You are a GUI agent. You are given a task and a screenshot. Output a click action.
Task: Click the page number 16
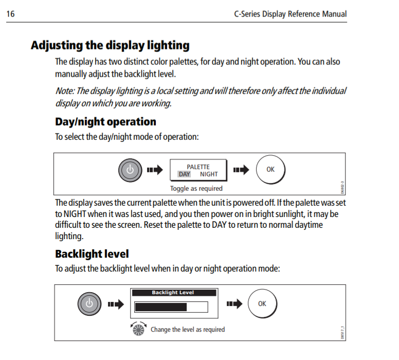[10, 14]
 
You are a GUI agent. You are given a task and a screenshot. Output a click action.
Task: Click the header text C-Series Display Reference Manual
[291, 14]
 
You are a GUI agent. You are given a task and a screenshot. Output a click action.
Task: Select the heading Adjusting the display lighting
[110, 46]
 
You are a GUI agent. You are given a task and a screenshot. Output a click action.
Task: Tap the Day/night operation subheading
[105, 122]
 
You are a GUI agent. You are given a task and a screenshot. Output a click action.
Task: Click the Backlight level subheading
[92, 254]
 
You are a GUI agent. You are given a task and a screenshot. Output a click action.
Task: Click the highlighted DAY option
[184, 174]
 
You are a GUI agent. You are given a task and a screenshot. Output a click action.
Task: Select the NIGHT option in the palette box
[209, 174]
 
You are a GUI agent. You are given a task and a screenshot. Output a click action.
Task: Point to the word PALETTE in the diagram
[198, 167]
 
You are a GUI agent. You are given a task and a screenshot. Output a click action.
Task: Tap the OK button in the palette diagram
[270, 170]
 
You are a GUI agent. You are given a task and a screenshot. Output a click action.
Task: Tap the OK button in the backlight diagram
[262, 303]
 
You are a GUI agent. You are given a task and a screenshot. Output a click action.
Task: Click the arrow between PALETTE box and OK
[241, 170]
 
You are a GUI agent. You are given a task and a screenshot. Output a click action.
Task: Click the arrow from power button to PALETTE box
[155, 170]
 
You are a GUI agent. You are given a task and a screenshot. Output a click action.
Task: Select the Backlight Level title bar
[174, 293]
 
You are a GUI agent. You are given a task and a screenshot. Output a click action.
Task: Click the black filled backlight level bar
[161, 307]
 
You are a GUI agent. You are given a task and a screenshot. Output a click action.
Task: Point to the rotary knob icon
[138, 329]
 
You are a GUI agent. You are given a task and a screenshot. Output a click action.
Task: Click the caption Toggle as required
[196, 189]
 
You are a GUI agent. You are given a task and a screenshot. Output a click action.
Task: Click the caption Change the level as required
[188, 330]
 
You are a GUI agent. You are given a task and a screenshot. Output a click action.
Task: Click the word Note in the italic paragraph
[65, 91]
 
